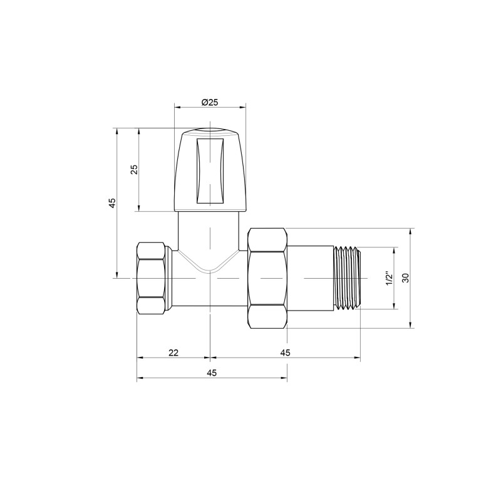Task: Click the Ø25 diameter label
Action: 210,102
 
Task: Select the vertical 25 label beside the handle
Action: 133,170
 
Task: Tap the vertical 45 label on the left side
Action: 111,203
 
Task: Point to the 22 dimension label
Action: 173,353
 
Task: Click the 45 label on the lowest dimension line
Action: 212,373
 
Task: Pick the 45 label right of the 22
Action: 285,353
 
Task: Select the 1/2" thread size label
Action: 388,278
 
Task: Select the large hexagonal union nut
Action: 268,278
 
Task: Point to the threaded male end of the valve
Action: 348,277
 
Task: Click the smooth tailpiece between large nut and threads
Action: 311,277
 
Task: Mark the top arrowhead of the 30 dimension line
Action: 411,230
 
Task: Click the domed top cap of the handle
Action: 210,133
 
